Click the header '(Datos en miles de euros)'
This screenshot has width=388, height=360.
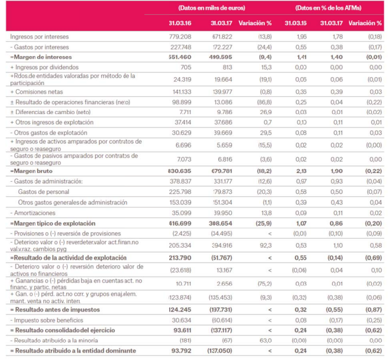pos(211,9)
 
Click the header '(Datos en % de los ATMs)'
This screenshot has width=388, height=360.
pos(328,9)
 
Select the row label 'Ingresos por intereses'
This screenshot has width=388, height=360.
pos(40,37)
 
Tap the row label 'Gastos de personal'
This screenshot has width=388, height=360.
pos(44,192)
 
